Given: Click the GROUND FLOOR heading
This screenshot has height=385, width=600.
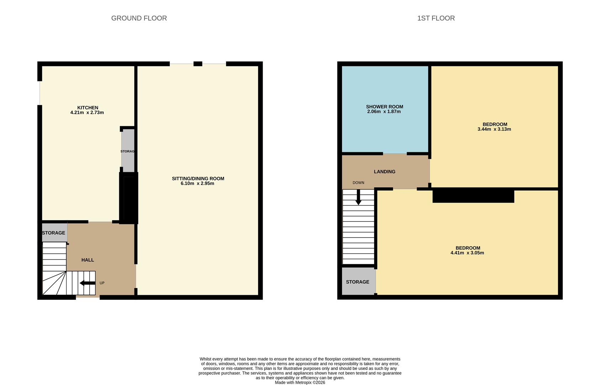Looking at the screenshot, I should click(139, 18).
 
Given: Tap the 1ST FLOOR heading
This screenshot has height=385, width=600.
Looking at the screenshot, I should click(436, 18).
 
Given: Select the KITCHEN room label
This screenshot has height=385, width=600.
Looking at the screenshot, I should click(88, 108).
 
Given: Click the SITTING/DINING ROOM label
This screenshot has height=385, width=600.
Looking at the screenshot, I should click(198, 179).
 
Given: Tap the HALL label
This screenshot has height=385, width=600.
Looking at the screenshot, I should click(88, 260).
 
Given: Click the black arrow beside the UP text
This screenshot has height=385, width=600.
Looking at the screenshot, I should click(87, 283).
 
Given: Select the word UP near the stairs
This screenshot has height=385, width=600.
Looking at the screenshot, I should click(102, 283).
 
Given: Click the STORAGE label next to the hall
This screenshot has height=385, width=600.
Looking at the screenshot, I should click(53, 233).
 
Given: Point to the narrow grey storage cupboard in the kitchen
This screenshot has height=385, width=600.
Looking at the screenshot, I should click(128, 151).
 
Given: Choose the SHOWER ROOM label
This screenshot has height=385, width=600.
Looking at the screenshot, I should click(384, 107).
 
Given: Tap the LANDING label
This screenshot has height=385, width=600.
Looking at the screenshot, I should click(384, 171).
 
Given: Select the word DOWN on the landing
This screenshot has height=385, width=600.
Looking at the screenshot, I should click(358, 183).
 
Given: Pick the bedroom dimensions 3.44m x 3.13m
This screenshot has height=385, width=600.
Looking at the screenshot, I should click(494, 129).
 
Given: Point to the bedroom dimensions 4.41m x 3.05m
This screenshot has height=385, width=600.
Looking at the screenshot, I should click(467, 253).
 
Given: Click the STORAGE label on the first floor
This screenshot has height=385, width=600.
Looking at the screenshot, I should click(357, 282).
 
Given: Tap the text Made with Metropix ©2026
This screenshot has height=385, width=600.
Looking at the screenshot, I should click(300, 383).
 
